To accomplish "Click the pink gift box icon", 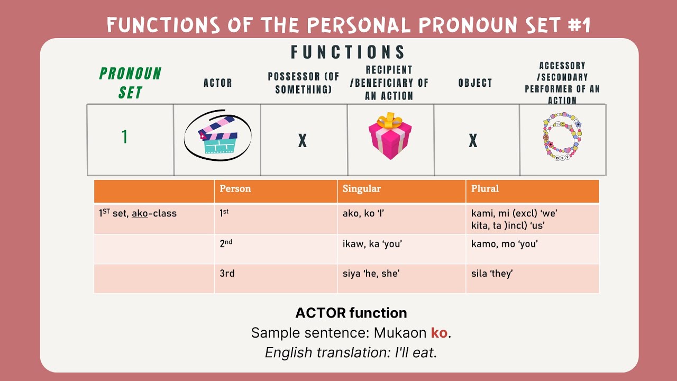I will (x=390, y=137).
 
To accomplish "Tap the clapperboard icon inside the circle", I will (x=217, y=135).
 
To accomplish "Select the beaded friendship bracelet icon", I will (x=562, y=137).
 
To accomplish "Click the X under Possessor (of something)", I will (x=303, y=141).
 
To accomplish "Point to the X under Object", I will (x=473, y=141).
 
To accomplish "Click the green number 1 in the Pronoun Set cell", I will (x=125, y=137).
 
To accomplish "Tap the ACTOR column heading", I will (x=218, y=83).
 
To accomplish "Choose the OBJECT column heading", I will (x=475, y=83).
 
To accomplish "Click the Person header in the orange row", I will (x=235, y=189).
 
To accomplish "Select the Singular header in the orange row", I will (x=361, y=189).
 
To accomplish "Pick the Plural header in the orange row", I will (x=485, y=189).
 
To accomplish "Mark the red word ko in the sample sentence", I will (x=438, y=333).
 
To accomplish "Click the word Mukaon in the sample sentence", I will (x=400, y=333).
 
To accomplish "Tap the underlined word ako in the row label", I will (x=140, y=214).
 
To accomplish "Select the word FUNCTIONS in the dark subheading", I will (x=348, y=52).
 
